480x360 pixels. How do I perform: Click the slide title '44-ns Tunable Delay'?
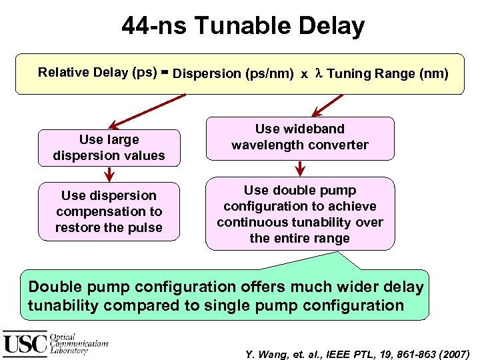point(243,27)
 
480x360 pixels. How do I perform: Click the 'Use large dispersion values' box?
point(109,148)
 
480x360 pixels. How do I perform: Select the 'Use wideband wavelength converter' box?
point(300,137)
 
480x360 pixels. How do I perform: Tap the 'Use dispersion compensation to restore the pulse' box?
point(109,211)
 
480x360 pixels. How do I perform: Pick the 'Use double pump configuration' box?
point(300,214)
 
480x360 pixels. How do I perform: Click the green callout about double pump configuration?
point(225,296)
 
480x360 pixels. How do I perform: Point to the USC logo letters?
point(25,343)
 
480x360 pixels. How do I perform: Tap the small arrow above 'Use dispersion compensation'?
point(109,174)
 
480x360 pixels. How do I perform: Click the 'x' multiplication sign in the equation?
point(304,75)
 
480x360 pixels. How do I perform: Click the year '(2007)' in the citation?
point(453,353)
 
